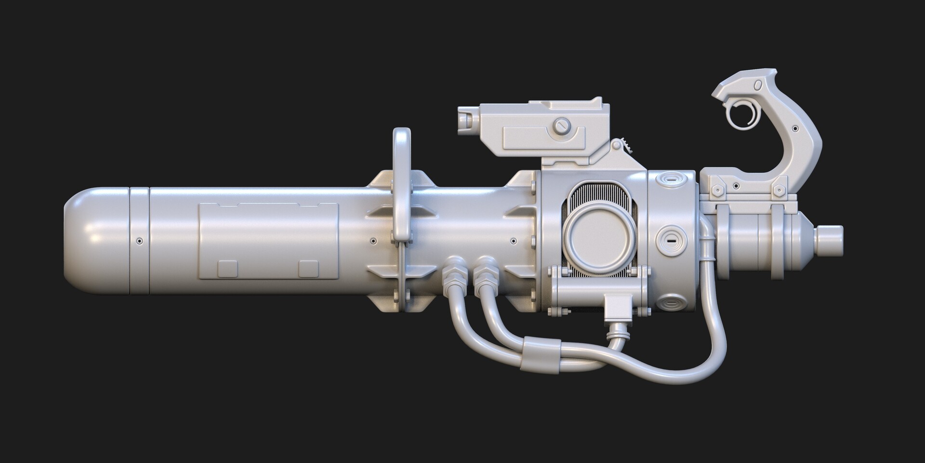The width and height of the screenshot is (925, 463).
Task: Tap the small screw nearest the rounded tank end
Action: [139, 241]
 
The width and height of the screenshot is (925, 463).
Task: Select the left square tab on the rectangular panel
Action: [227, 269]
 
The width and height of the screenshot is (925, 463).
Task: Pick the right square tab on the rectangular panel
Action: [308, 269]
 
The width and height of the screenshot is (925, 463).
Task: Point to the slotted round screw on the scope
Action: [561, 126]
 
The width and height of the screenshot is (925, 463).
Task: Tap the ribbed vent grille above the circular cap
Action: [600, 193]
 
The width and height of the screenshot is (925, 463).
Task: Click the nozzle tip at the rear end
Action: [830, 240]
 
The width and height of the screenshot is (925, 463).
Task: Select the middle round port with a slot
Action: [670, 240]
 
